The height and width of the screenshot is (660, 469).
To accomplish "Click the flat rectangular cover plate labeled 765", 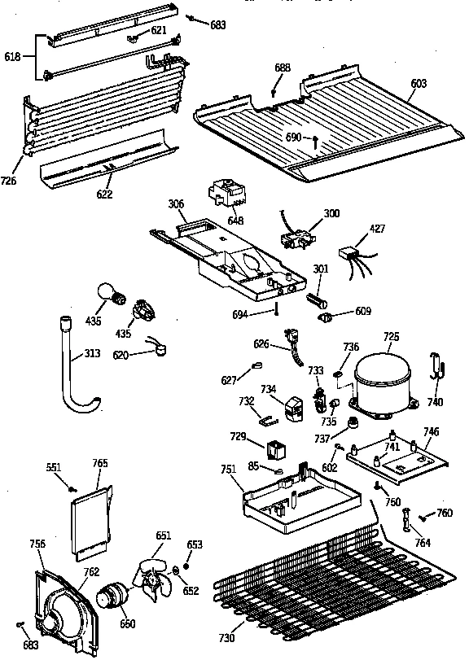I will pyautogui.click(x=90, y=520).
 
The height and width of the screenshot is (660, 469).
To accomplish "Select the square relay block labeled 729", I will pyautogui.click(x=277, y=448).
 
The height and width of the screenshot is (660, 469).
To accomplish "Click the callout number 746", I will pyautogui.click(x=432, y=431).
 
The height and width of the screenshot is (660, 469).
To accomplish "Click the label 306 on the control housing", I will pyautogui.click(x=176, y=204).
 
